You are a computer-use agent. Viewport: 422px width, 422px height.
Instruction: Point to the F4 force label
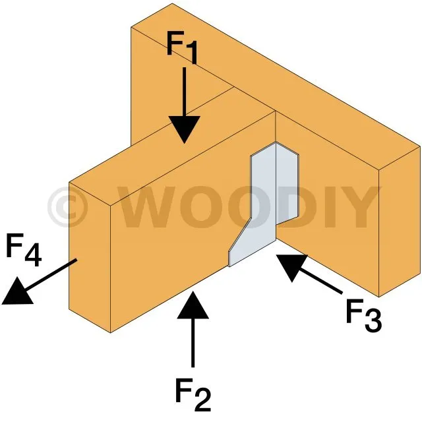coord(24,249)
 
